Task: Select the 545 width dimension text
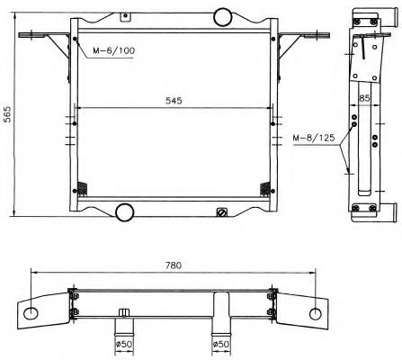tap(174, 102)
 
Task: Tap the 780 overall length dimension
tap(174, 265)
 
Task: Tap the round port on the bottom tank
tap(123, 212)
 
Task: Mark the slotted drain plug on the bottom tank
tap(221, 212)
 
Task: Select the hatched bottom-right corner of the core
tap(266, 188)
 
